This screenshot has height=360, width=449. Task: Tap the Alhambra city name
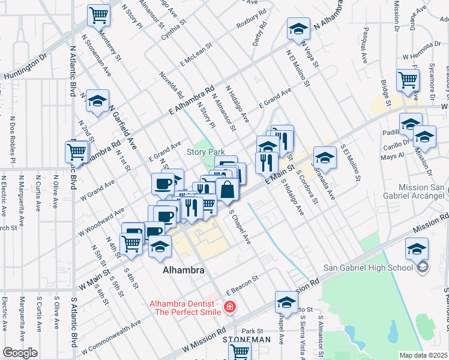click(x=184, y=271)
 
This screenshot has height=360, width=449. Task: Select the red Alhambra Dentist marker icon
click(x=229, y=308)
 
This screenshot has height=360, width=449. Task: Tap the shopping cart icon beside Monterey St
click(x=98, y=15)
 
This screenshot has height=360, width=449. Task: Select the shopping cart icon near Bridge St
click(x=408, y=80)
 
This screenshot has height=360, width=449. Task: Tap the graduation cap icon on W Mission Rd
click(x=287, y=302)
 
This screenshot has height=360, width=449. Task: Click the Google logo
click(x=20, y=353)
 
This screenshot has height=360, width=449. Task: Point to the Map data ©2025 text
click(x=424, y=355)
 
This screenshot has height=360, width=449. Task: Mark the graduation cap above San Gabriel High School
click(x=417, y=248)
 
